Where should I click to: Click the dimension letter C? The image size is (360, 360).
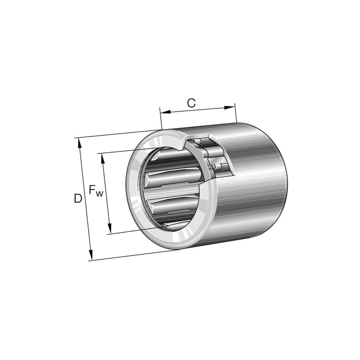coord(191,103)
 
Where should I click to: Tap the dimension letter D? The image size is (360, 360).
coord(78,198)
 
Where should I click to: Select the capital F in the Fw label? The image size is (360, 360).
coord(92,189)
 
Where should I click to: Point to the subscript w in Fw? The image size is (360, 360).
coord(99,194)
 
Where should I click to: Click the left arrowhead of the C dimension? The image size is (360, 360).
coord(166,112)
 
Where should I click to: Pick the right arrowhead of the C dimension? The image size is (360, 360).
coord(229,108)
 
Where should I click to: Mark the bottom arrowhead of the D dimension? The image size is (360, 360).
coord(90,255)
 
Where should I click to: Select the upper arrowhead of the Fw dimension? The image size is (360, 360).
coord(103,159)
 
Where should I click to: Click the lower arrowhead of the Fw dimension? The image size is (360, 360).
coord(110,229)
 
